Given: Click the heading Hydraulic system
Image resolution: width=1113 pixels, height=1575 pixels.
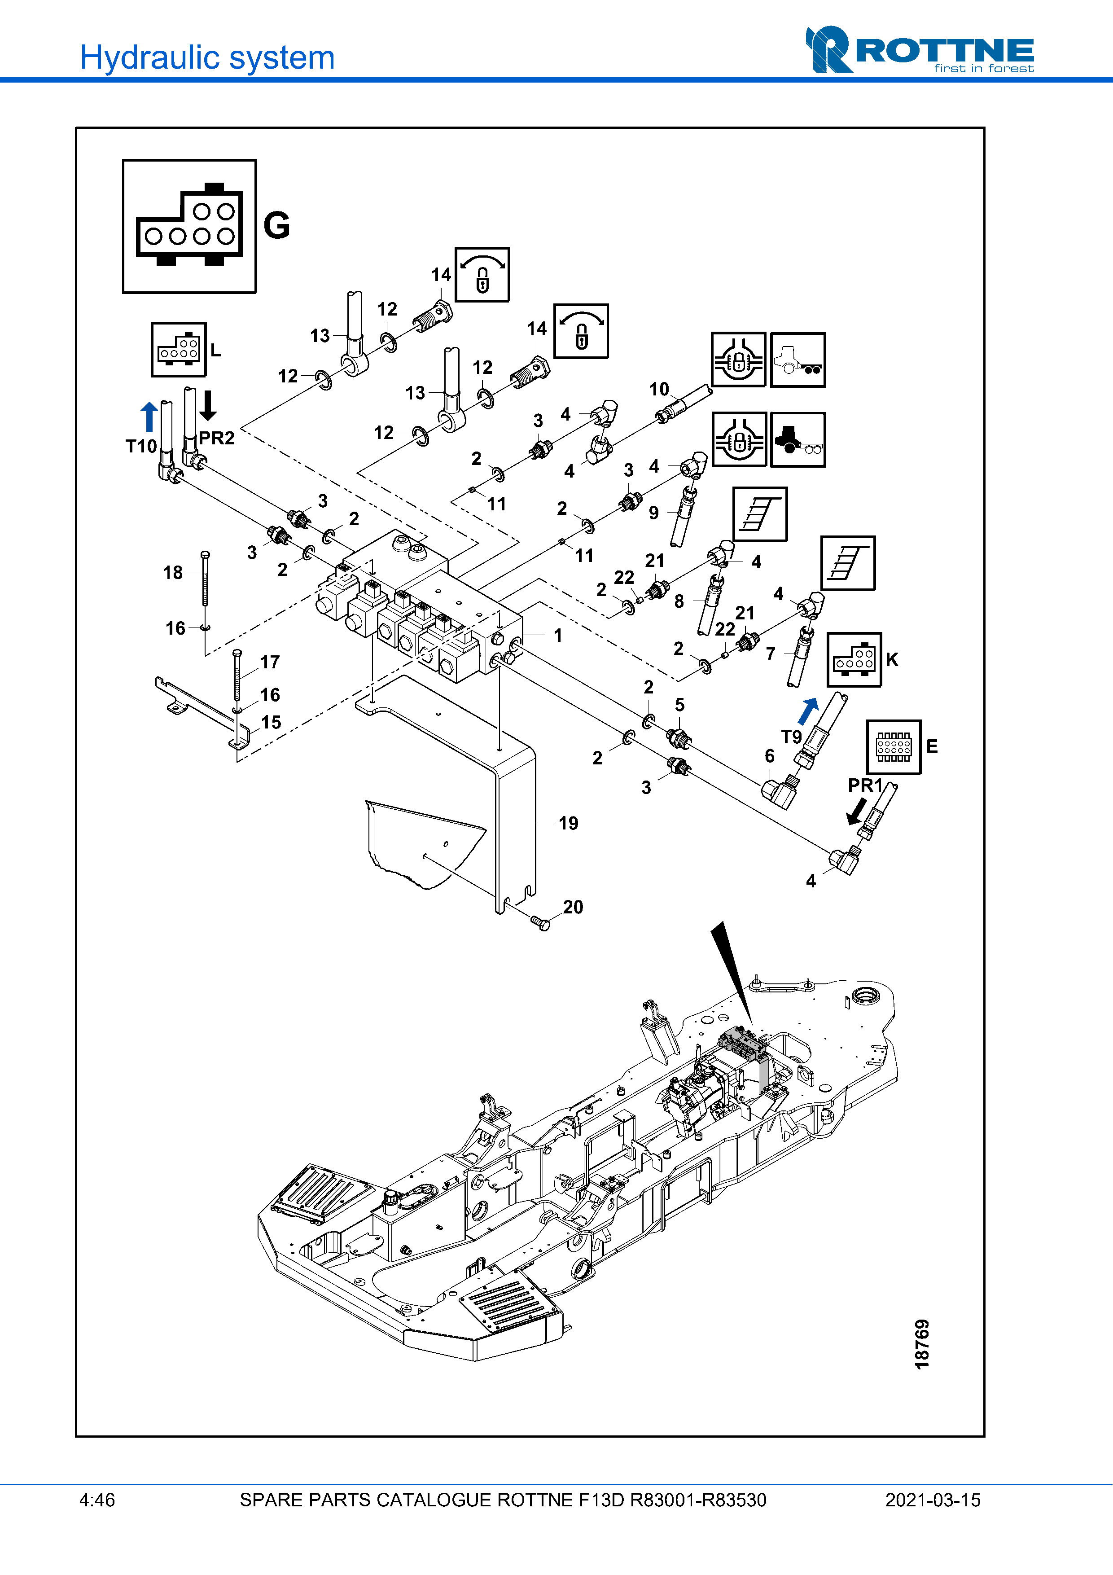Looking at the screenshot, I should [207, 57].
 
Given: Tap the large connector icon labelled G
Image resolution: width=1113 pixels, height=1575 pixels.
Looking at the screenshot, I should [189, 226].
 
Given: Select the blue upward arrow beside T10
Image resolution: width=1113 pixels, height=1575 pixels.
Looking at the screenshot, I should [149, 417].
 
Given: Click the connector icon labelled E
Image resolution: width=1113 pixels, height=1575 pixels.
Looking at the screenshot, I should [894, 747].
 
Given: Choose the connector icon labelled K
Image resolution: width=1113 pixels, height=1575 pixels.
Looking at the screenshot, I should [854, 660].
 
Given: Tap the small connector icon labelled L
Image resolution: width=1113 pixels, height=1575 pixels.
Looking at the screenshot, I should [178, 350].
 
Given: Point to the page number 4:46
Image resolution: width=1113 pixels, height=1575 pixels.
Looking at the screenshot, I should [97, 1500].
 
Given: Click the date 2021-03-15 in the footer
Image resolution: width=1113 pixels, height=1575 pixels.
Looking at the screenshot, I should [933, 1500].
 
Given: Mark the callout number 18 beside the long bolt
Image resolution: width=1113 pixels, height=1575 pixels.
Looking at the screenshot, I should [173, 572].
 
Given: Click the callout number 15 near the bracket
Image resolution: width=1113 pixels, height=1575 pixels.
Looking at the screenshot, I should [271, 722].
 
